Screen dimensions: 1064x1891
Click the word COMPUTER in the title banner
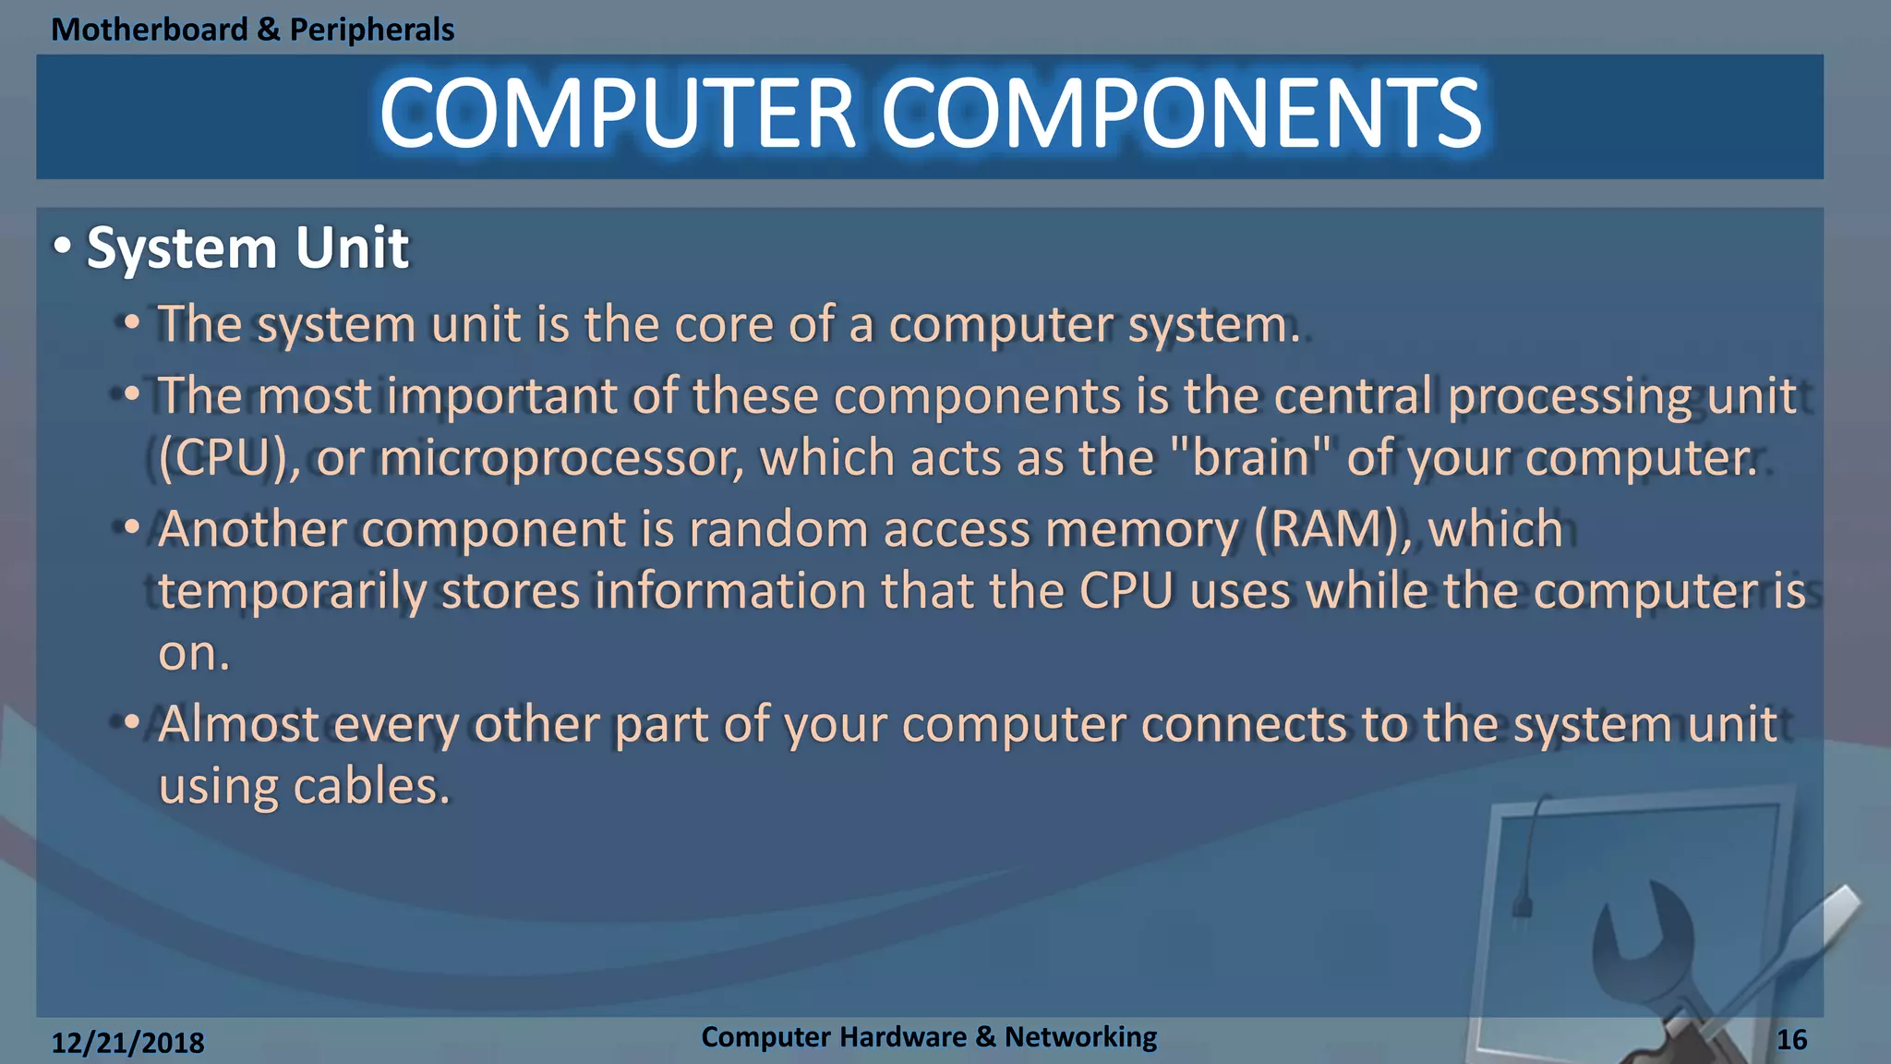pos(617,114)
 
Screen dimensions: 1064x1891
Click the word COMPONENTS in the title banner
pos(1181,114)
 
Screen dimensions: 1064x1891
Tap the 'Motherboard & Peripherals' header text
pos(252,30)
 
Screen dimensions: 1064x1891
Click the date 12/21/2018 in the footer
pos(127,1043)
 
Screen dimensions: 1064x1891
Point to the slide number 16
pos(1791,1040)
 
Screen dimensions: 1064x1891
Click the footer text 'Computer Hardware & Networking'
pos(928,1036)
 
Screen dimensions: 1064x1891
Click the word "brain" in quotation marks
pos(1250,458)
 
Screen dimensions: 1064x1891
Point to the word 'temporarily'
pos(291,592)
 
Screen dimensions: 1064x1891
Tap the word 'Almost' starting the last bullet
pos(238,724)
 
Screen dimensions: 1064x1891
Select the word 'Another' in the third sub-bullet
pos(251,530)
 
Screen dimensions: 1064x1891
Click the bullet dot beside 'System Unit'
pos(62,247)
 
